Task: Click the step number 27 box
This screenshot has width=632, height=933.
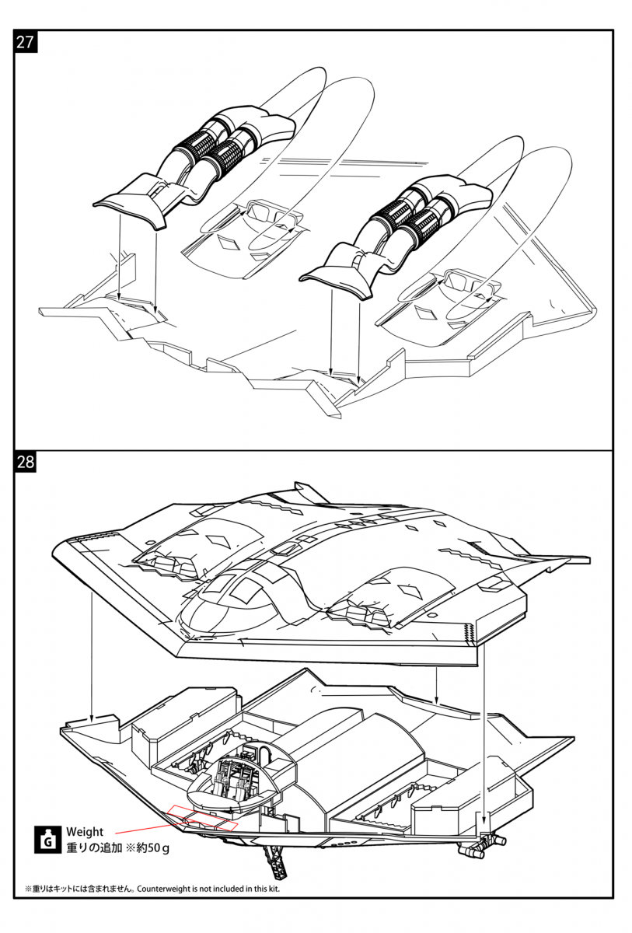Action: (x=26, y=43)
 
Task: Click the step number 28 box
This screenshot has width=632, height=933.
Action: (x=26, y=462)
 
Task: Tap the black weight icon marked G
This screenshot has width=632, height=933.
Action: (x=47, y=840)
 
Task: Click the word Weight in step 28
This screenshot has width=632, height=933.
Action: (x=85, y=832)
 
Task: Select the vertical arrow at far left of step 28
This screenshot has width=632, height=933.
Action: (x=91, y=657)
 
